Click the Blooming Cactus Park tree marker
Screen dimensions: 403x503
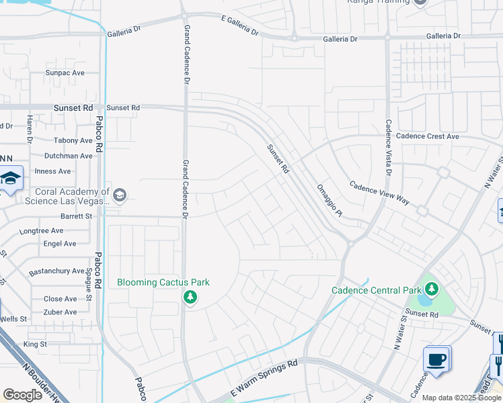point(190,296)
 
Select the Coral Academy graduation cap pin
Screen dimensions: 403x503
point(120,195)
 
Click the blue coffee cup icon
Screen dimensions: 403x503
point(436,359)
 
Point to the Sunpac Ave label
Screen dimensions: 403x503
point(65,73)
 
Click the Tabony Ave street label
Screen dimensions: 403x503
point(73,141)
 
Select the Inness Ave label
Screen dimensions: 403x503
point(52,171)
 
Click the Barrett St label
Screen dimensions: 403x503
point(76,216)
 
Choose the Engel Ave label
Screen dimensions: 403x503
point(60,244)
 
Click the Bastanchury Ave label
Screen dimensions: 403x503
point(57,271)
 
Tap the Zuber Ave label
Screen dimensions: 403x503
point(61,312)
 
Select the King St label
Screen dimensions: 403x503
point(35,344)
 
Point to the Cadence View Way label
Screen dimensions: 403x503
point(379,191)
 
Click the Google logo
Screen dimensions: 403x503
point(22,394)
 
